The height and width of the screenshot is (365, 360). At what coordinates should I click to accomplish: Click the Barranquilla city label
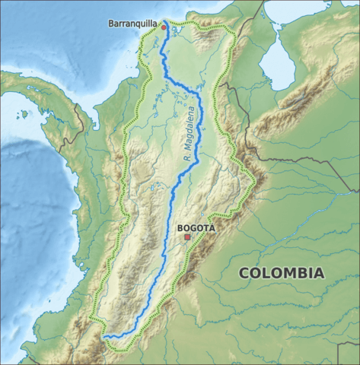[133, 24]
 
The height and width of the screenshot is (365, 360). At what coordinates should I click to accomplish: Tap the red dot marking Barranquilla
[163, 27]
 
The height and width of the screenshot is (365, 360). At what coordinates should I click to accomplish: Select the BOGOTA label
[196, 227]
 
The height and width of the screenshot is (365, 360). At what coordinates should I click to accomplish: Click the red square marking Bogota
[187, 237]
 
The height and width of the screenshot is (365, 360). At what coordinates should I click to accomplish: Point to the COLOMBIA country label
[281, 273]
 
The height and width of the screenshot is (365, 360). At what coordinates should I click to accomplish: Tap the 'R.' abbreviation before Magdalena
[186, 157]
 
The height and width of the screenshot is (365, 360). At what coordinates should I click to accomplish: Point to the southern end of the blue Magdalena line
[105, 335]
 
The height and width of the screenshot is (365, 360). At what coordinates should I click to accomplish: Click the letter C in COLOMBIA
[244, 273]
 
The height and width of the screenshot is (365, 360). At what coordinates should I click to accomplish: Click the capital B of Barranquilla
[112, 24]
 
